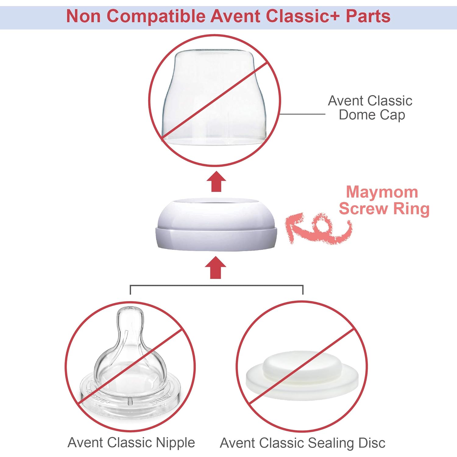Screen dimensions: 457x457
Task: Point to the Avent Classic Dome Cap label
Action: pos(370,108)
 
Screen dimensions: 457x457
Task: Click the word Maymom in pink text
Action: pos(382,192)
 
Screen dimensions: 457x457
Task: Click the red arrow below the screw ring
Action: pos(216,267)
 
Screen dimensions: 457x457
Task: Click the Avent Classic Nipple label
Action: pos(131,442)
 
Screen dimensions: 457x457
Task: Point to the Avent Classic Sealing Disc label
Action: pos(303,443)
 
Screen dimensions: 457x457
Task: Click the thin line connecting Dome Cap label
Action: pos(303,114)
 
